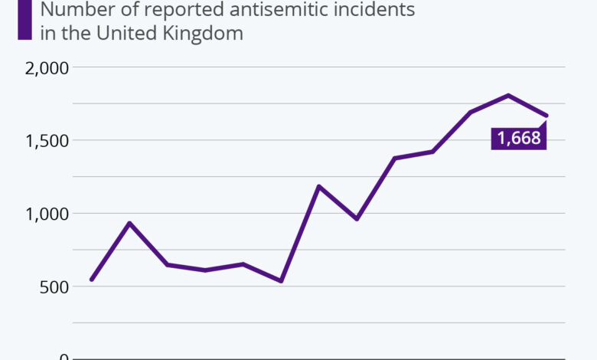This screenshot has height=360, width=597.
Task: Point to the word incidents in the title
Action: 377,10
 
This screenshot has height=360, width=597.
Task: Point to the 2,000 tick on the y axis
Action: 47,67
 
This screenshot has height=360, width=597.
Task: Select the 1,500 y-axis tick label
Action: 47,140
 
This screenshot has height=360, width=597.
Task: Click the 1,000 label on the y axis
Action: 47,214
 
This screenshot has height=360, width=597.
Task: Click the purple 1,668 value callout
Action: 519,138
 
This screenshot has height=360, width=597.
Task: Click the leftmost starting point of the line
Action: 91,280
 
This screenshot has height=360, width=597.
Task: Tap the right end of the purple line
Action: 546,116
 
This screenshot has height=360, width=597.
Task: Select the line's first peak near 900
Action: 129,223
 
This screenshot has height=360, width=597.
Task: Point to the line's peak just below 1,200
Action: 318,186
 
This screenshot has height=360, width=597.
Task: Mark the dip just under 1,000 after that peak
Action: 357,219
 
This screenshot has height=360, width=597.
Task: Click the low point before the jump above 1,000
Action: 281,281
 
